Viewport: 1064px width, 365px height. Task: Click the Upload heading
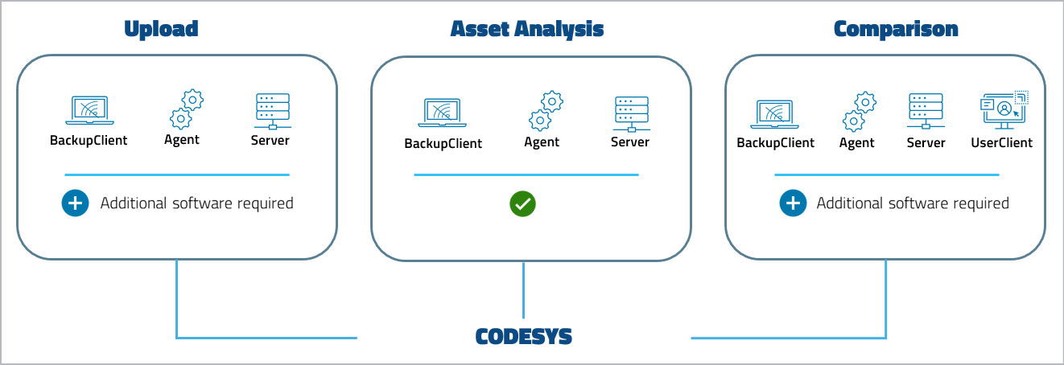(x=161, y=30)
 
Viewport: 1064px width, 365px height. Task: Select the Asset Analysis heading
(x=527, y=30)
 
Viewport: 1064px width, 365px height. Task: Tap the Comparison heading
(x=896, y=30)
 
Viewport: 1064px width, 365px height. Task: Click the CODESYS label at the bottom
(x=523, y=336)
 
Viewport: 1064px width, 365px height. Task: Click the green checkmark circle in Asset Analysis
(x=522, y=203)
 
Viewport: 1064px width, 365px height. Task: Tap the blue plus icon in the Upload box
(x=75, y=203)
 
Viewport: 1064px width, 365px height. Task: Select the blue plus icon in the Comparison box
(x=792, y=203)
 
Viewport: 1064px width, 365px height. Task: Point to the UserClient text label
(x=1001, y=142)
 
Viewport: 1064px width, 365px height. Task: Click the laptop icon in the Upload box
(x=89, y=110)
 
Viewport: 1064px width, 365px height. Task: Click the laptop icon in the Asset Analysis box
(x=443, y=113)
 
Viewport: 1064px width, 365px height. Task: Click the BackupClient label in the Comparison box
(x=775, y=142)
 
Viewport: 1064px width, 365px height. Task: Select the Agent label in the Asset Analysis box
(x=542, y=142)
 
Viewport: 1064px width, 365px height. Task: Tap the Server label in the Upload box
(x=270, y=140)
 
